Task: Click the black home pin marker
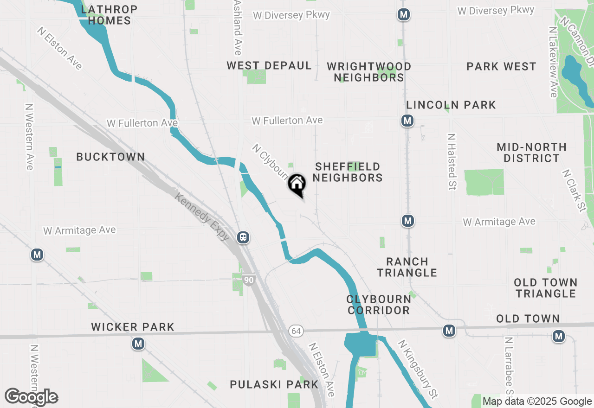(x=297, y=184)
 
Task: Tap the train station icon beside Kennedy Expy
(x=243, y=237)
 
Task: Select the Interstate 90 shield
(x=249, y=280)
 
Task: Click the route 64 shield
(x=296, y=331)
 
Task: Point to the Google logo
(x=31, y=397)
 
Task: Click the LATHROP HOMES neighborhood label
(x=110, y=15)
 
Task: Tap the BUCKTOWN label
(x=110, y=157)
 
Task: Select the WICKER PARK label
(x=133, y=327)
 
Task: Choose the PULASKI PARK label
(x=274, y=384)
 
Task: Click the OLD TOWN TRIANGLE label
(x=546, y=288)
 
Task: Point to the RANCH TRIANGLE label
(x=407, y=267)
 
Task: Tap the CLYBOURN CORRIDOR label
(x=379, y=305)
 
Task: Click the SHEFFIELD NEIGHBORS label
(x=348, y=172)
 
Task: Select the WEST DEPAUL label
(x=269, y=66)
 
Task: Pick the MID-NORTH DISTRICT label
(x=532, y=153)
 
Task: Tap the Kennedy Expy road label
(x=202, y=217)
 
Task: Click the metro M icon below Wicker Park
(x=138, y=344)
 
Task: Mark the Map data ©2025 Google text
(x=537, y=402)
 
